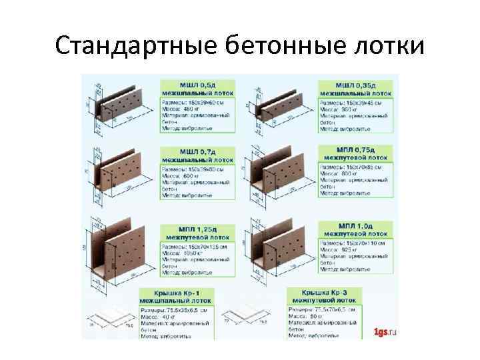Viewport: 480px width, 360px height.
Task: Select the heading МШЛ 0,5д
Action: [197, 85]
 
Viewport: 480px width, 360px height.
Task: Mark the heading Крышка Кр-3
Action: [325, 293]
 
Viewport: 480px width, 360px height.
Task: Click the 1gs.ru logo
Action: [385, 331]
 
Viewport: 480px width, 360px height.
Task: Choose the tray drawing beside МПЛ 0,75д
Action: [280, 173]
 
